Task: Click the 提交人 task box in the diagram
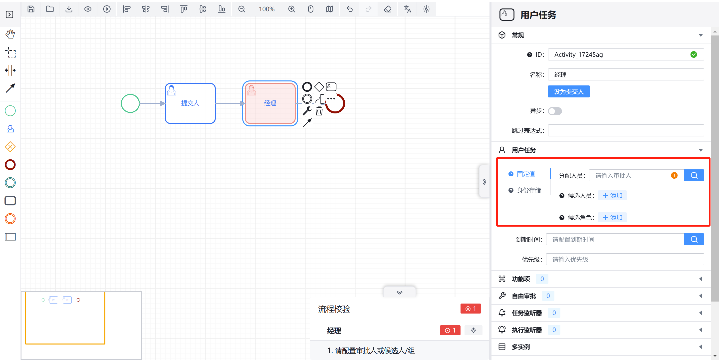pos(190,103)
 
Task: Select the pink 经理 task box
pos(270,103)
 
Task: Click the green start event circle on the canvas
pos(130,103)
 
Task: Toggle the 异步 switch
pos(555,111)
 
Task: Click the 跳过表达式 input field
pos(626,130)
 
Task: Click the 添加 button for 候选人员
pos(612,196)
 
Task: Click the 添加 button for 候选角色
pos(612,218)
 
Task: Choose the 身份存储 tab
pos(529,190)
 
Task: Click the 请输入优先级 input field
pos(625,260)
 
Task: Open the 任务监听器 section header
pos(527,313)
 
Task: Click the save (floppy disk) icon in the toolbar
pos(31,9)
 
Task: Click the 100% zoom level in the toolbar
pos(266,9)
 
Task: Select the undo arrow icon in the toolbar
pos(349,9)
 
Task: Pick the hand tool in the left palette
pos(10,34)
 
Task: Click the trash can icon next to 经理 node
pos(319,111)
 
